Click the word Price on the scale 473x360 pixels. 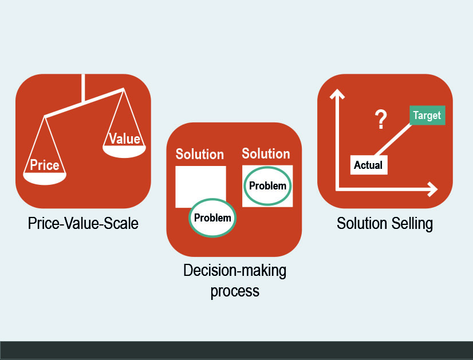45,165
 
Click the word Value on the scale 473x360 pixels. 125,139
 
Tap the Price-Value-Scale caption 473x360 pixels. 83,223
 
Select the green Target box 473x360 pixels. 427,115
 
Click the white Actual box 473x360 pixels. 369,165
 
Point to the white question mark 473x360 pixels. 381,120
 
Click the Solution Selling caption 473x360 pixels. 385,224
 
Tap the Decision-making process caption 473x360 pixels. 235,280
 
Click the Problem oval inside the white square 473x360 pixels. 267,186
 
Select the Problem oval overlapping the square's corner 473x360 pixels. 212,217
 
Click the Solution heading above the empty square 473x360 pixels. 200,154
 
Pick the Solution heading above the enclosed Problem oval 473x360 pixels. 266,153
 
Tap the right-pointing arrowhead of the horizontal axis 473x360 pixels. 433,189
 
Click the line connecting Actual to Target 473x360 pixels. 393,140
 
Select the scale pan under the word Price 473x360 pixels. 45,179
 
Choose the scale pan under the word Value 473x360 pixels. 124,152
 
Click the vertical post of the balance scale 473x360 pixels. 83,88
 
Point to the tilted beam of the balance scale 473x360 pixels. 84,102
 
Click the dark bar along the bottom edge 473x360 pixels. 236,350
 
